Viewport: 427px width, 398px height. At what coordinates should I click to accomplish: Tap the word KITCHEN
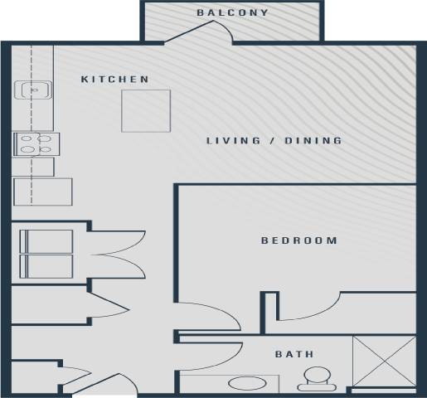pos(115,80)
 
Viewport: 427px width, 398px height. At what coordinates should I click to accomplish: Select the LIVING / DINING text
pos(274,141)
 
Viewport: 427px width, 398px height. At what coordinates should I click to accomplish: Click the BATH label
pos(294,354)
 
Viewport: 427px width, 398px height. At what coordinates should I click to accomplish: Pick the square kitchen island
pos(146,110)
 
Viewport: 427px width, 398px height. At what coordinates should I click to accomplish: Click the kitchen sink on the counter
pos(35,90)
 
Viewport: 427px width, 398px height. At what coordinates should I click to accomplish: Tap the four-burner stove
pos(34,144)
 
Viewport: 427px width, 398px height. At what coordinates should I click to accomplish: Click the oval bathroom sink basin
pos(244,384)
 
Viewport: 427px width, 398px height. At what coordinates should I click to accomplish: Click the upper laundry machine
pos(46,242)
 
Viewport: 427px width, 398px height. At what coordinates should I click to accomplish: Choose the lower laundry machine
pos(46,267)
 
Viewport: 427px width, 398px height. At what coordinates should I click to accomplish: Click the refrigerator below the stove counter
pos(43,192)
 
